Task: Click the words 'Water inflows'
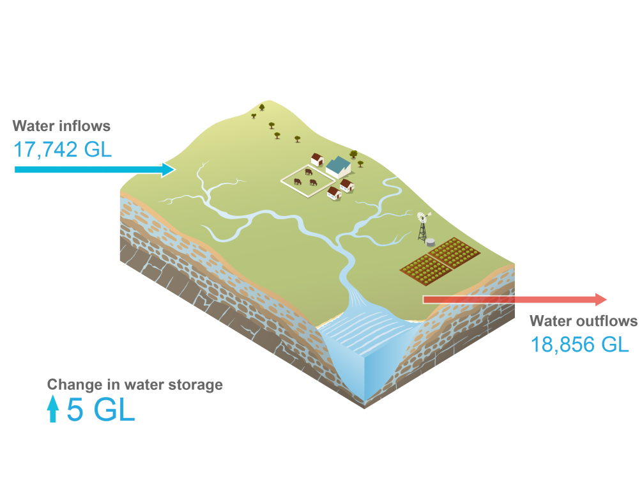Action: point(61,126)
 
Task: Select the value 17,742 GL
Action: point(63,150)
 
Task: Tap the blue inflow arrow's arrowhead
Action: point(169,169)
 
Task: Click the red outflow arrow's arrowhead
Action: point(601,299)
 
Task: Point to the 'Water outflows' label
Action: point(583,321)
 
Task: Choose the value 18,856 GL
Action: point(579,345)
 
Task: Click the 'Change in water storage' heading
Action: point(135,385)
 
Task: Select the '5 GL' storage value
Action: point(101,410)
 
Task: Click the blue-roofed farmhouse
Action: point(338,167)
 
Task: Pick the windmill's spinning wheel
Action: point(422,217)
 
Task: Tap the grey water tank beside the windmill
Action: point(432,243)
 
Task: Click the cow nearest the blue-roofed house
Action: point(309,172)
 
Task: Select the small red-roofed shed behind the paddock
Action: point(317,159)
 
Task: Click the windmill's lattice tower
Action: point(422,231)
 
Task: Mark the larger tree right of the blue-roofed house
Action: point(353,154)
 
